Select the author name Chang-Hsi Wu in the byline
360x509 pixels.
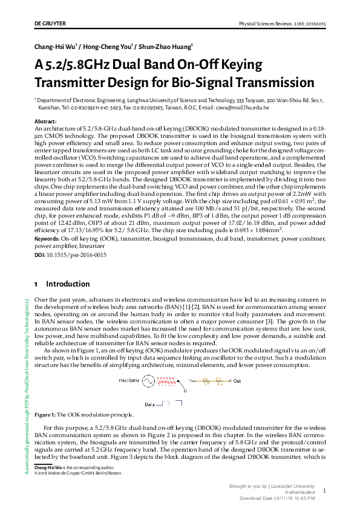(56, 47)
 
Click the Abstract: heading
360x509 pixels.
(47, 122)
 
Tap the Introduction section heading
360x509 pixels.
(68, 284)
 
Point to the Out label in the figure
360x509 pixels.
(237, 381)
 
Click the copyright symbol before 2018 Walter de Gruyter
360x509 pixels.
(36, 473)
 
